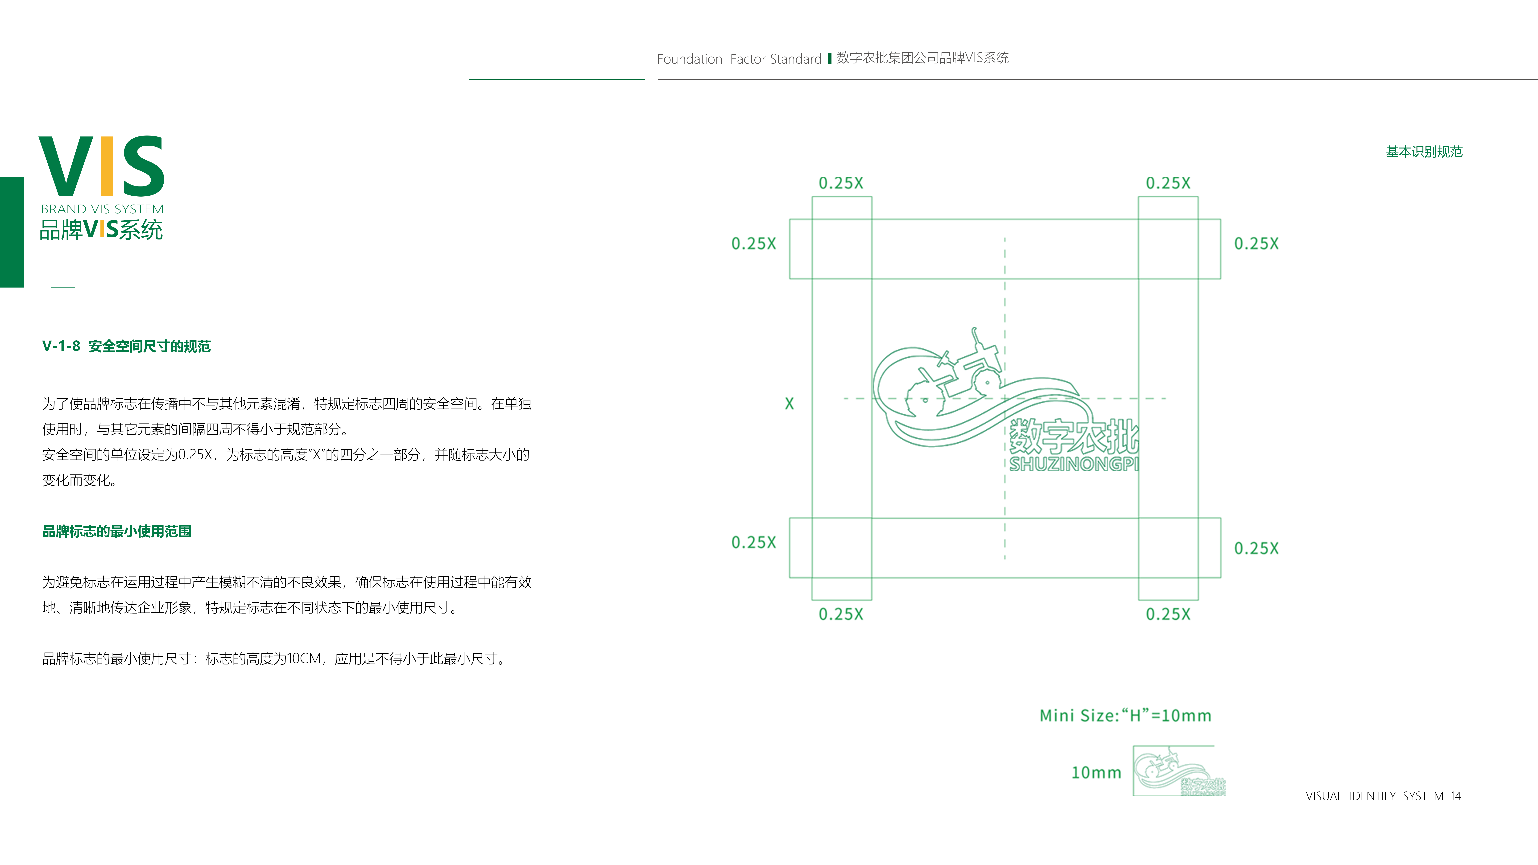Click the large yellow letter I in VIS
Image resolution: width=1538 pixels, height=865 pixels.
tap(107, 166)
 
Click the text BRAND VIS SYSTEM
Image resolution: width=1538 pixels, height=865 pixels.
tap(102, 209)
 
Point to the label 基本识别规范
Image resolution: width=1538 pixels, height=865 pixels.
tap(1424, 152)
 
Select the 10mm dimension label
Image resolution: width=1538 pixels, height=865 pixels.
tap(1096, 772)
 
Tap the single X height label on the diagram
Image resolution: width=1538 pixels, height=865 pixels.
tap(789, 404)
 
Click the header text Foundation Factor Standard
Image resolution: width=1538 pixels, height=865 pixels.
tap(739, 58)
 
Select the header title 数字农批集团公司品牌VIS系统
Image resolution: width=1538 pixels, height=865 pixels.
tap(922, 58)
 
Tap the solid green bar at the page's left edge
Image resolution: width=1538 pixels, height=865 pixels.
tap(12, 232)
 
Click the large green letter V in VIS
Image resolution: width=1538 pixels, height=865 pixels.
tap(66, 166)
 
